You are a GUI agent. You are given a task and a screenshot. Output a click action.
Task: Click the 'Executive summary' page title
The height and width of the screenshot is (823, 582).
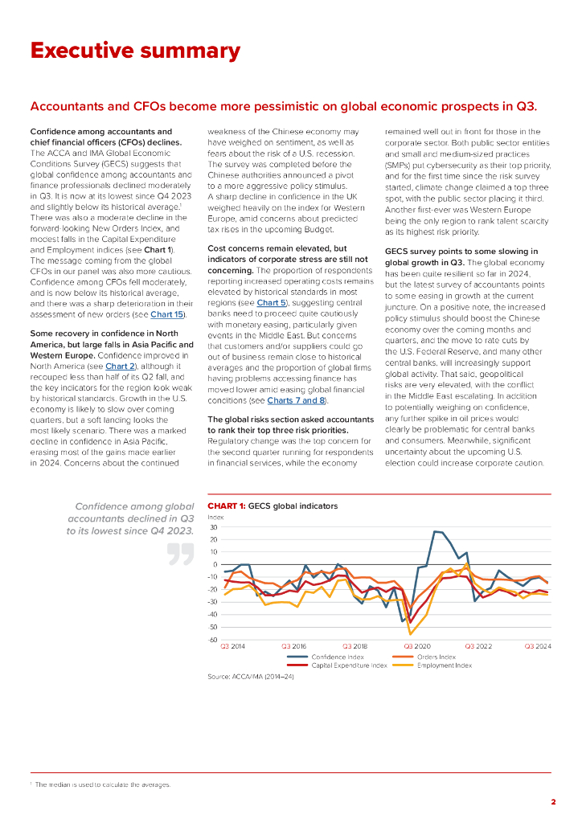(x=135, y=51)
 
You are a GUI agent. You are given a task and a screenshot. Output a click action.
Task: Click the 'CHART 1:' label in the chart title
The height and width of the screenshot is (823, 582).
(x=227, y=506)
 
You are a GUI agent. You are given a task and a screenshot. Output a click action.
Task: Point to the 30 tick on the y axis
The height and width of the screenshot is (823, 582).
(x=213, y=527)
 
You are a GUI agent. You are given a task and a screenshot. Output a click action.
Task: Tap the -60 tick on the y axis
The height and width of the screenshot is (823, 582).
(x=212, y=640)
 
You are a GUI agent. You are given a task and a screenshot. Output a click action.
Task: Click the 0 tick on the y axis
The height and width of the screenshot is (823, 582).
(x=215, y=565)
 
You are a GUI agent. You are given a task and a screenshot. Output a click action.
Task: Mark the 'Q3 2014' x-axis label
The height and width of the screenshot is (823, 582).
(x=233, y=646)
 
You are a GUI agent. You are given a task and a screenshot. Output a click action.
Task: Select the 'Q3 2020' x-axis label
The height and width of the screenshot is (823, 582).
(x=416, y=646)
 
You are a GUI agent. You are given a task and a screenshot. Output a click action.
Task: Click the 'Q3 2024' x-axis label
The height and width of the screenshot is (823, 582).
(x=538, y=646)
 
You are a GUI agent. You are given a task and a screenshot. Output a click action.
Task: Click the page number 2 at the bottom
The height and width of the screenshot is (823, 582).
(x=553, y=801)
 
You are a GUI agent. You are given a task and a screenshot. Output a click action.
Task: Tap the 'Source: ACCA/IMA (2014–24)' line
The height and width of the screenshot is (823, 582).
(x=251, y=677)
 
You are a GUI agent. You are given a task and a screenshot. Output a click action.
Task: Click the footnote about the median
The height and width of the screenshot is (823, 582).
(x=104, y=784)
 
